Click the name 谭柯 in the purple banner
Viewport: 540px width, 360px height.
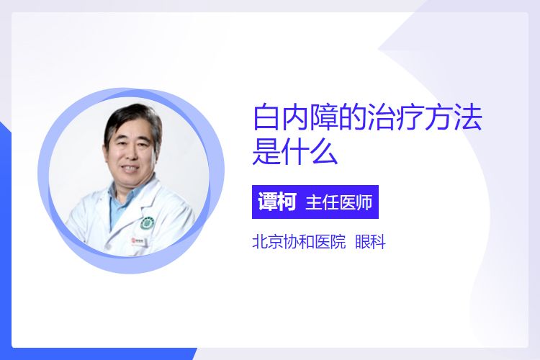[276, 202]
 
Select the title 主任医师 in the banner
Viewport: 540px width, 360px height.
[339, 202]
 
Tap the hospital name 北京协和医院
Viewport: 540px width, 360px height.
[299, 241]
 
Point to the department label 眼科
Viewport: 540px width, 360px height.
[370, 241]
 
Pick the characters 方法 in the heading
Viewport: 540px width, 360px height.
[453, 117]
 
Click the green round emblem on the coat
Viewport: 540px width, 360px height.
[148, 223]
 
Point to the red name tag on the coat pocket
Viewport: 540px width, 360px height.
[139, 240]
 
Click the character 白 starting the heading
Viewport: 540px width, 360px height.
[266, 117]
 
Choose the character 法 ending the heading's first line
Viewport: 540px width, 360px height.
[468, 117]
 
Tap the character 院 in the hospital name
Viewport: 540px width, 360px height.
[338, 241]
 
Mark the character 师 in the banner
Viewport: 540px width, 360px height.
[364, 202]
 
